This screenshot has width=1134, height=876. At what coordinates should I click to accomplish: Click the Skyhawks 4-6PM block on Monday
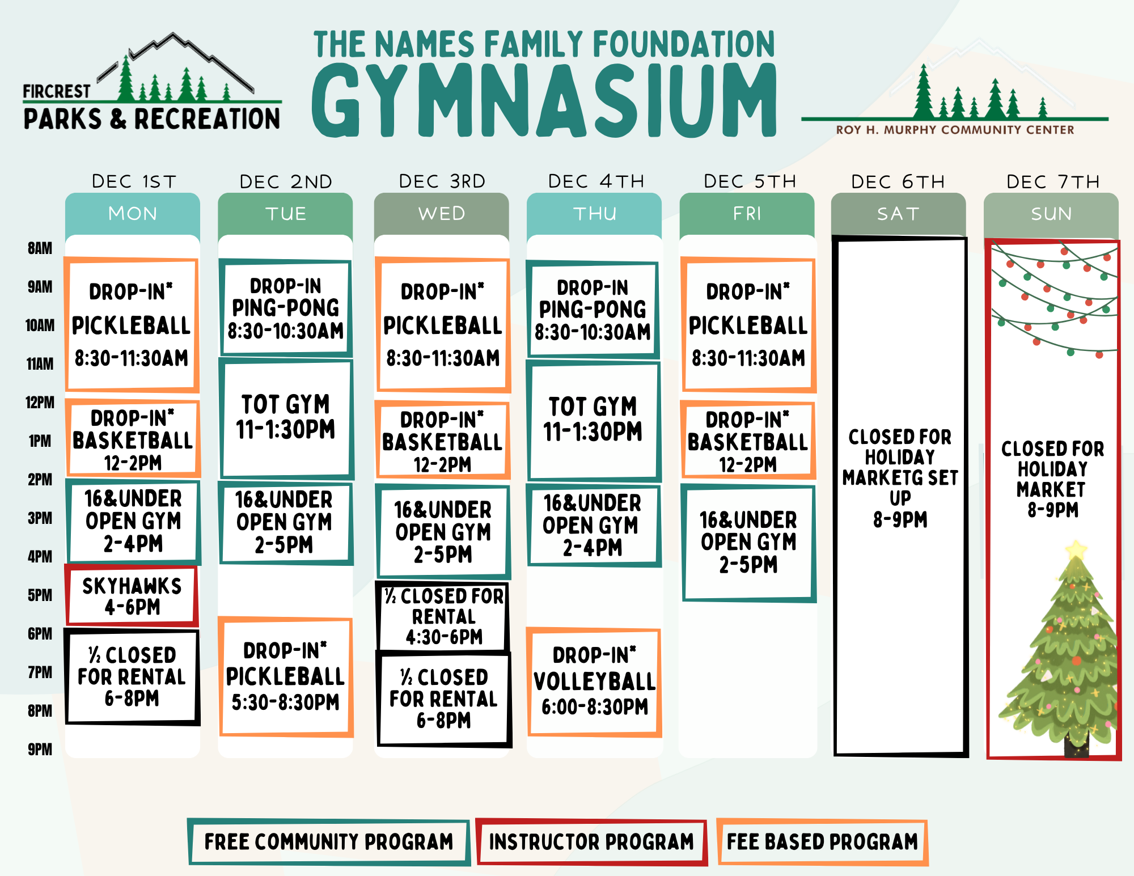point(132,596)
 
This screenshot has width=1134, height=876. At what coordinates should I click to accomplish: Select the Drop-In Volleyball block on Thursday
point(594,682)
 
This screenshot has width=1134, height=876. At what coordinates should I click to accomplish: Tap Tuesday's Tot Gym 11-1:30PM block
point(285,418)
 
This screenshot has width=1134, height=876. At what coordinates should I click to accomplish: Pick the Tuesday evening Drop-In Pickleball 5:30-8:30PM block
point(285,676)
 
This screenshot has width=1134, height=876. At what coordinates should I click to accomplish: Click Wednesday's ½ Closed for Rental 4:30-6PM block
point(443,616)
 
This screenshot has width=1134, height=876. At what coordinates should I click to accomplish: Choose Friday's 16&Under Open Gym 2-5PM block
point(748,543)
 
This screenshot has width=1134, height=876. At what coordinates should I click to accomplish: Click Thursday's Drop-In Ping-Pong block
point(593,310)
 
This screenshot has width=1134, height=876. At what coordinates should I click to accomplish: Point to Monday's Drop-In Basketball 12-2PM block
point(133,440)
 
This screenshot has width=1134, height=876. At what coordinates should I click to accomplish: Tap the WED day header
point(442,214)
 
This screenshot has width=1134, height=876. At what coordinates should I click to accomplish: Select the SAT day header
point(899,214)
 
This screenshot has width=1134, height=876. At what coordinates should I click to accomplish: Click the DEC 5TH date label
point(750,181)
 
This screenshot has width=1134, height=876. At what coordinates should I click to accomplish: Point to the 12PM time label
point(40,403)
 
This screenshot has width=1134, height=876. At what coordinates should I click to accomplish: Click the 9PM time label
point(40,750)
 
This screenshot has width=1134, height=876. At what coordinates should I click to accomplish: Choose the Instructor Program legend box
point(591,842)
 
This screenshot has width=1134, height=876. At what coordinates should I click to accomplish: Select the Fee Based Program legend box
point(822,842)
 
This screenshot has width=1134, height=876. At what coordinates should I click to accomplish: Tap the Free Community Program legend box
point(329,842)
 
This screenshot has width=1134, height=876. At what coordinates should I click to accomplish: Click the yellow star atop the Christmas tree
point(1076,549)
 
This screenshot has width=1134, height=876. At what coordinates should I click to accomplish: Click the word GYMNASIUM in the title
point(544,101)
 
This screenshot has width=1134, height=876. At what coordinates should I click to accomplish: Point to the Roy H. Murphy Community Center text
point(955,130)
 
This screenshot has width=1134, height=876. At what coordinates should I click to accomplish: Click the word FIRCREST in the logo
point(56,91)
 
